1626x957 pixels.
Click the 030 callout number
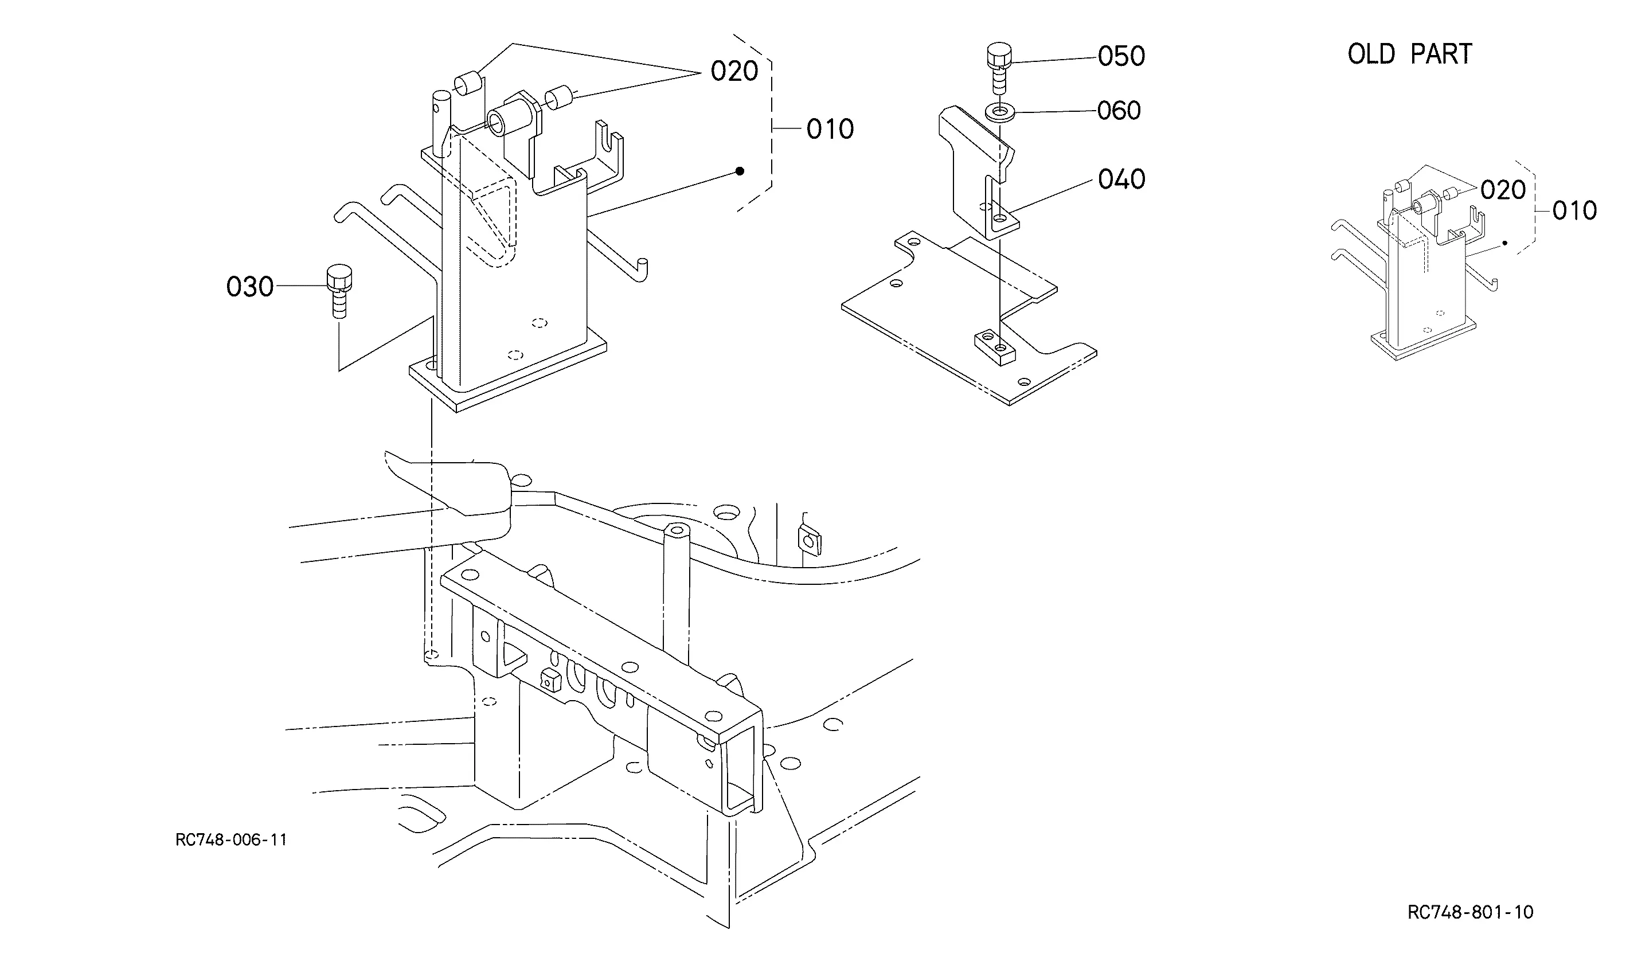[250, 287]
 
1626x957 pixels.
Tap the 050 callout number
[1121, 56]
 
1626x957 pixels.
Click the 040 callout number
[1121, 179]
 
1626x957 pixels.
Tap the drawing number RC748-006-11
[231, 839]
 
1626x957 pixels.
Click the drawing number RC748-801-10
[1470, 912]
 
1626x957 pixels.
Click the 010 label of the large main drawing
[830, 130]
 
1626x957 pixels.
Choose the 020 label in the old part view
[1503, 190]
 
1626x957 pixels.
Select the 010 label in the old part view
[1574, 210]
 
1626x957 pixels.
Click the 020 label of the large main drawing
[734, 71]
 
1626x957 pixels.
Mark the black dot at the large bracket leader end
[740, 171]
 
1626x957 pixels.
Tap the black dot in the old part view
[1504, 243]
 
